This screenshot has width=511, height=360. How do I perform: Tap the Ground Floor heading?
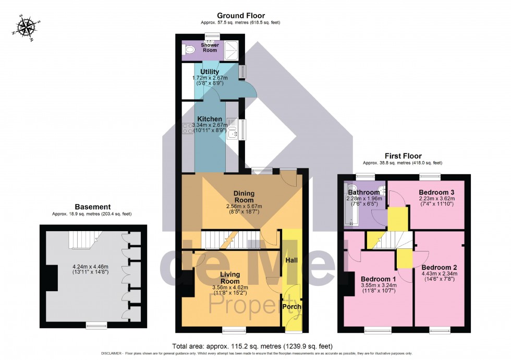240,16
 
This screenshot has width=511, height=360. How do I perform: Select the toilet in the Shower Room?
189,50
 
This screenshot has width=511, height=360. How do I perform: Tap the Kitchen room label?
210,119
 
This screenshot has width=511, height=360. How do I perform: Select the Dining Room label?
244,197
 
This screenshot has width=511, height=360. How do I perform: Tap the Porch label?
291,306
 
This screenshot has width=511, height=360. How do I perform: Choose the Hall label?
291,259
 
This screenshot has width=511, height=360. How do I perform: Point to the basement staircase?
83,241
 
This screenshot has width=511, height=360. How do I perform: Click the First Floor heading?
403,156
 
